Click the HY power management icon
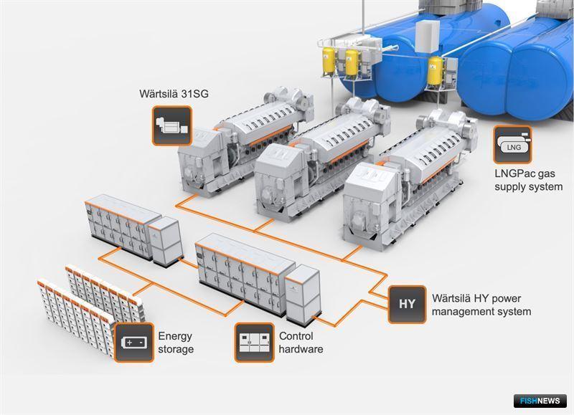(x=407, y=304)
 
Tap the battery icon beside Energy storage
(x=134, y=343)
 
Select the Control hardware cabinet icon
(x=255, y=343)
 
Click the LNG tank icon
(x=512, y=145)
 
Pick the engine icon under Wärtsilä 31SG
(x=172, y=125)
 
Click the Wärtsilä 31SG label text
(x=174, y=94)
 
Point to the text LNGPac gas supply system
(x=529, y=180)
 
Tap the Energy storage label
(x=176, y=343)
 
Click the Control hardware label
(x=301, y=343)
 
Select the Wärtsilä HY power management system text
(x=481, y=305)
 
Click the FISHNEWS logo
(x=540, y=401)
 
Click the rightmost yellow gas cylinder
(x=435, y=70)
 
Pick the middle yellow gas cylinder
(x=352, y=63)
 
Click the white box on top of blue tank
(x=428, y=36)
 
